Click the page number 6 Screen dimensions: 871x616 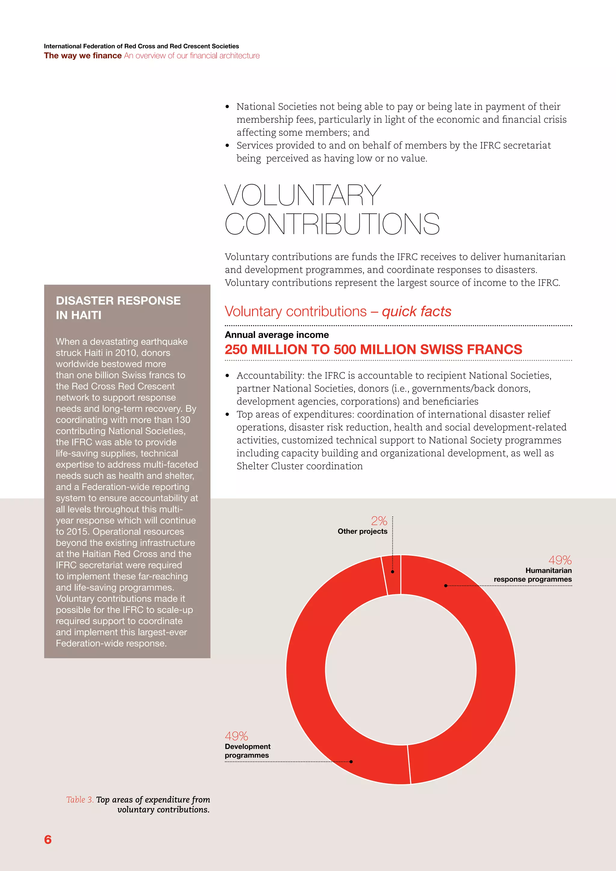coord(48,839)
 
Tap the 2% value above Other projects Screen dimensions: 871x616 coord(379,521)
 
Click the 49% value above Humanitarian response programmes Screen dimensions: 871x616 coord(560,560)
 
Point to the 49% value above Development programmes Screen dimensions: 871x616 coord(236,736)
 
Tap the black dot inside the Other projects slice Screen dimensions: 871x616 coord(393,571)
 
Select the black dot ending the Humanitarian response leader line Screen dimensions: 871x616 coord(446,586)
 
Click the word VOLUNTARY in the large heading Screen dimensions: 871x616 coord(303,195)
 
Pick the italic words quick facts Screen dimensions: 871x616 coord(417,312)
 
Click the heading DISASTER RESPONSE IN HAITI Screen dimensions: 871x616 coord(118,308)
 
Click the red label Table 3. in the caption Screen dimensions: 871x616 coord(80,800)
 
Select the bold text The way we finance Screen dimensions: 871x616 coord(83,55)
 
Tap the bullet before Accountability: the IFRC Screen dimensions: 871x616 coord(227,376)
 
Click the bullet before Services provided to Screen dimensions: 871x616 coord(227,145)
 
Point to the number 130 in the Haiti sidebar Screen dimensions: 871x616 coord(183,420)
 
